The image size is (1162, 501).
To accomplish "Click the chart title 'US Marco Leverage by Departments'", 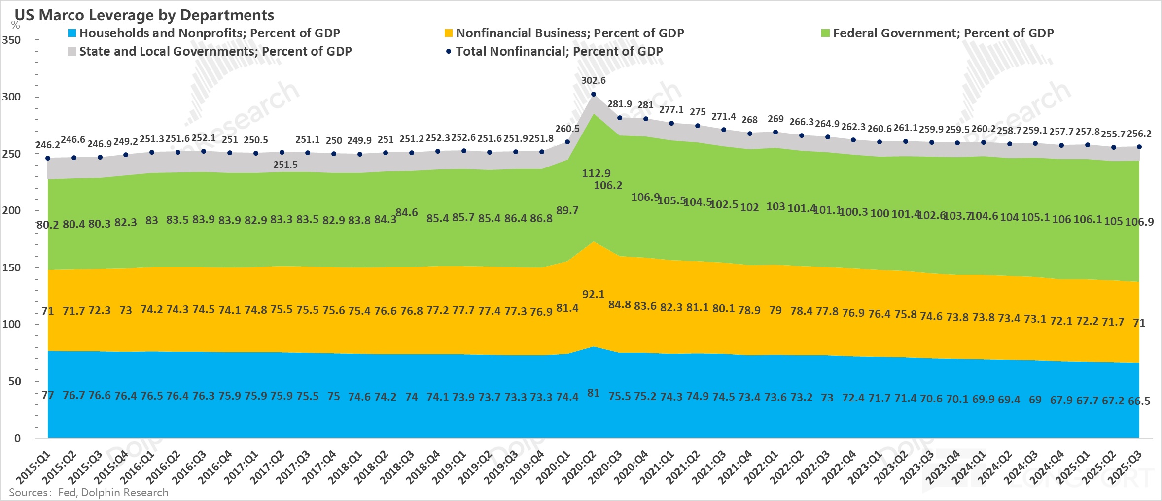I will coord(144,15).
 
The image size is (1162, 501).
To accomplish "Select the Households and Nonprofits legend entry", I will coord(204,33).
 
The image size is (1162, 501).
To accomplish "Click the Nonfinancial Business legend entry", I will coord(564,33).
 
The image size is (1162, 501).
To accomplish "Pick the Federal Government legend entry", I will coord(937,33).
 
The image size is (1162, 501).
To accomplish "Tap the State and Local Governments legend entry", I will coord(210,51).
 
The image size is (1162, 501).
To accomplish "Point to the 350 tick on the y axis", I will coord(11,40).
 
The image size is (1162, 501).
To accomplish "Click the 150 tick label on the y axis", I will coord(11,267).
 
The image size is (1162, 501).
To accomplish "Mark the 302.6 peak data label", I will coord(593,80).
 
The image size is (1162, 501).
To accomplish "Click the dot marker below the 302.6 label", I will coord(593,94).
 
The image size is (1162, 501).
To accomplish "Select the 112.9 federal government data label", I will coord(596,173).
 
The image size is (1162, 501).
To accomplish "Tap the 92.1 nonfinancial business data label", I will coord(593,294).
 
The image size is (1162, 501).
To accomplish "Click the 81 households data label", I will coord(593,393).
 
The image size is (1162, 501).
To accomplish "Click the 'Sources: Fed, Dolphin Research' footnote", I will coord(89,492).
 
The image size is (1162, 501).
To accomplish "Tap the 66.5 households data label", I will coord(1139,401).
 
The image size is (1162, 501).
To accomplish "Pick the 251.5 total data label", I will coord(285,165).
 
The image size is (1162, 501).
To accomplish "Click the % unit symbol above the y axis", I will coord(15,25).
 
